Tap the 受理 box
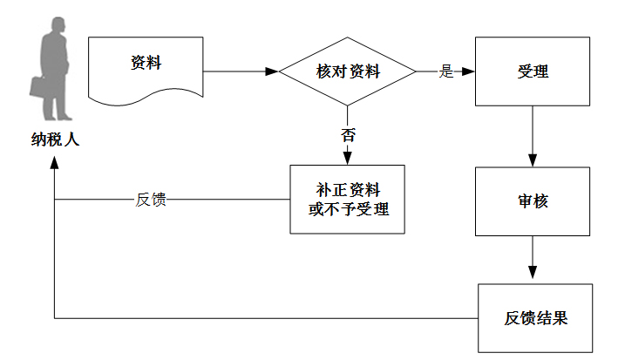click(532, 71)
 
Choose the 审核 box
click(532, 200)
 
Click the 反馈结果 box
click(535, 317)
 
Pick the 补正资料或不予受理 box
click(348, 199)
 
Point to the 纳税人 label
click(54, 138)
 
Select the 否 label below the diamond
click(348, 135)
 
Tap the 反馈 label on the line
click(151, 199)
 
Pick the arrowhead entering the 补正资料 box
click(348, 159)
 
